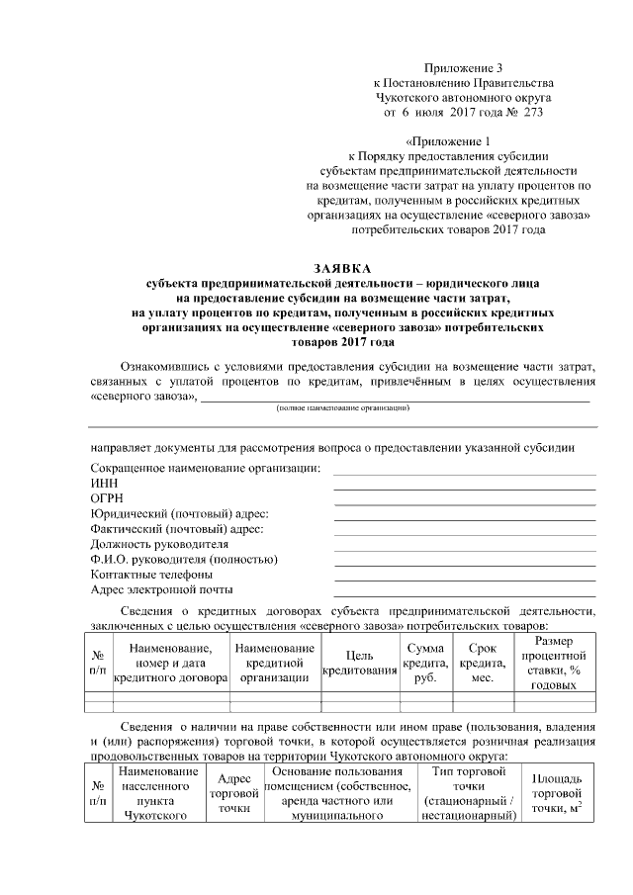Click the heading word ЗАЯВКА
click(x=342, y=268)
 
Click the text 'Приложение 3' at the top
click(x=463, y=67)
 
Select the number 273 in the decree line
click(x=531, y=113)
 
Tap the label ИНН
click(x=103, y=483)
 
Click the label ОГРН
click(x=107, y=498)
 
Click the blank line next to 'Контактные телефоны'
click(x=465, y=579)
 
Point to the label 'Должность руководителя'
click(x=159, y=544)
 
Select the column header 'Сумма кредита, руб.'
click(x=425, y=663)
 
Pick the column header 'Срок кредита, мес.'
click(x=482, y=663)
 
